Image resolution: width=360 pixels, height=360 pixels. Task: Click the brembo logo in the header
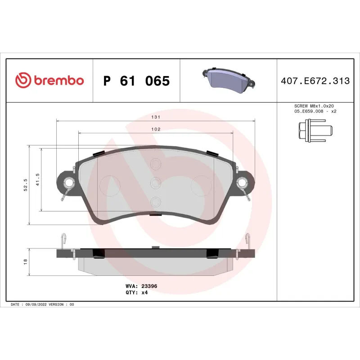pyautogui.click(x=49, y=81)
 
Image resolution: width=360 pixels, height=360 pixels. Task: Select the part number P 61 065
pyautogui.click(x=136, y=81)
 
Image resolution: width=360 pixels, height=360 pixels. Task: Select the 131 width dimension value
pyautogui.click(x=156, y=117)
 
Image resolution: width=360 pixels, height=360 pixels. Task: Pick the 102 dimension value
pyautogui.click(x=156, y=129)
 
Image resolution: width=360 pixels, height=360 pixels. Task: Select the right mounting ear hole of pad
pyautogui.click(x=242, y=183)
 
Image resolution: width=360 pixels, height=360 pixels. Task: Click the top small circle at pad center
pyautogui.click(x=155, y=164)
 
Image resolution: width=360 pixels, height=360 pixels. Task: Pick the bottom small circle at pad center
pyautogui.click(x=155, y=202)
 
